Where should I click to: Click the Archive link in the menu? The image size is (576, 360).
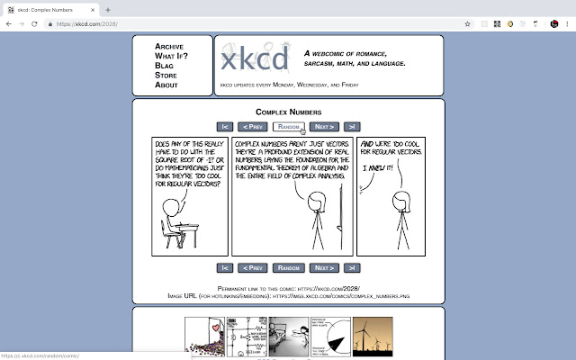tap(170, 46)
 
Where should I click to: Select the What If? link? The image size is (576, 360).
tap(170, 56)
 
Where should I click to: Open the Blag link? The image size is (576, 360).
tap(165, 66)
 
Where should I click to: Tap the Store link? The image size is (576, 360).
tap(166, 75)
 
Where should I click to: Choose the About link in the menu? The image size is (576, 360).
tap(166, 85)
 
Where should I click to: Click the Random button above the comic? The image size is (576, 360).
tap(289, 127)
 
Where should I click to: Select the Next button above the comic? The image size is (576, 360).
tap(324, 127)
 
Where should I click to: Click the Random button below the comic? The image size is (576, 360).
tap(288, 267)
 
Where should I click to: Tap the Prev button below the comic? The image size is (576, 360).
tap(253, 267)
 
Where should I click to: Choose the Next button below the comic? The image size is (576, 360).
tap(324, 267)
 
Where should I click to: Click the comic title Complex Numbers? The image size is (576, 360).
tap(288, 112)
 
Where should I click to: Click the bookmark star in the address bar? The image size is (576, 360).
tap(468, 23)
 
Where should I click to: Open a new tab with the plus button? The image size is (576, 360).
tap(108, 9)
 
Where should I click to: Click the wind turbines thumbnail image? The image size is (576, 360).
tap(372, 336)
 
